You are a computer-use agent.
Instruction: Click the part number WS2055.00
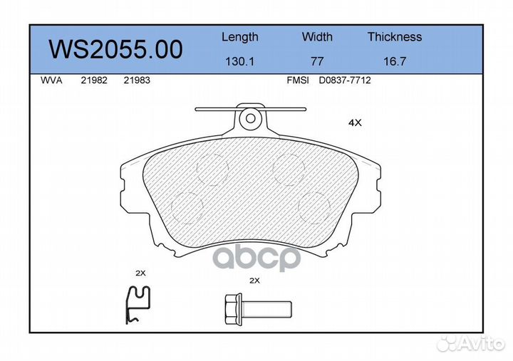[115, 50]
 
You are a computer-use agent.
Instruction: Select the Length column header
[239, 37]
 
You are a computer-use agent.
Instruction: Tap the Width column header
[317, 37]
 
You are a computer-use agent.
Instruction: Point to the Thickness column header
[394, 37]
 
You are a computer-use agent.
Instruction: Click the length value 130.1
[239, 61]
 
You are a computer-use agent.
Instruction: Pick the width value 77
[317, 61]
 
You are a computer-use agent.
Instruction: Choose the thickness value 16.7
[394, 61]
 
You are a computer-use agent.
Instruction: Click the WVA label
[51, 80]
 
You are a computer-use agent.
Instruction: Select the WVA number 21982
[94, 80]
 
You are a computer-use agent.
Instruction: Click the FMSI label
[297, 80]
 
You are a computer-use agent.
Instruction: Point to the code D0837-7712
[345, 80]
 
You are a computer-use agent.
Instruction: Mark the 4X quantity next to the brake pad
[355, 122]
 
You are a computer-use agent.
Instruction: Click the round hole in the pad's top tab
[249, 119]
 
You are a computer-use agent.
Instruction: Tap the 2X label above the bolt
[254, 281]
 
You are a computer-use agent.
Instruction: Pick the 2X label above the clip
[140, 273]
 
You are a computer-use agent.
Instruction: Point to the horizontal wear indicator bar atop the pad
[214, 110]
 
